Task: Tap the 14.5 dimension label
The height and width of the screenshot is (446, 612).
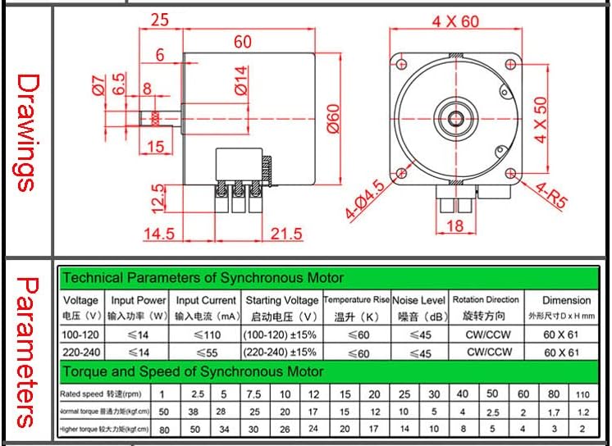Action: coord(158,234)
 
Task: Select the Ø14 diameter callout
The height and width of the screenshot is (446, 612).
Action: coord(240,81)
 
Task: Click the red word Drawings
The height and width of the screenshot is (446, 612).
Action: coord(27,131)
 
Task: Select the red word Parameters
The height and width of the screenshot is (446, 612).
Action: coord(27,352)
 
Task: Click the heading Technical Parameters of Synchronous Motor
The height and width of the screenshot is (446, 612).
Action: coord(203,277)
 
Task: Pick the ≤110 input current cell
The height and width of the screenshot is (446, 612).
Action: coord(205,334)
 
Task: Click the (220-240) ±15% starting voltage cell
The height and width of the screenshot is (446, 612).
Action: coord(280,353)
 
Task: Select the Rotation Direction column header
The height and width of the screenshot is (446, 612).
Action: coord(486,300)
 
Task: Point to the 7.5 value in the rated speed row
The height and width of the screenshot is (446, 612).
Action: coord(254,394)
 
